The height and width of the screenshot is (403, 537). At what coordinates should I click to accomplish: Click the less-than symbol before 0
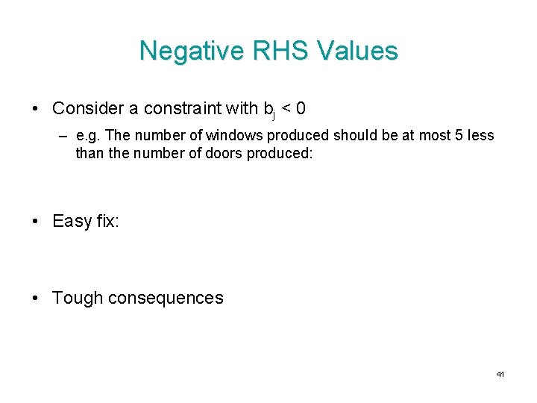(x=285, y=109)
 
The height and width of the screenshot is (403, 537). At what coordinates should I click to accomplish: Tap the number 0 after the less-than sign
(x=300, y=108)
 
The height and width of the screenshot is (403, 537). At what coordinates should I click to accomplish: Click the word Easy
(x=72, y=221)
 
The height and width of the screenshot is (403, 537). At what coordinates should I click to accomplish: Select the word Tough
(x=78, y=298)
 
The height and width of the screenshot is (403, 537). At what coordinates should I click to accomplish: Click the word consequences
(x=166, y=298)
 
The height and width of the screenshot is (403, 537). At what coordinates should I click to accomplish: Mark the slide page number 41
(x=500, y=373)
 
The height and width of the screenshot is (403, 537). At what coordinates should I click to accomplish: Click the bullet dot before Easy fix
(x=37, y=222)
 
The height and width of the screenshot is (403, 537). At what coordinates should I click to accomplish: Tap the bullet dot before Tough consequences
(x=37, y=299)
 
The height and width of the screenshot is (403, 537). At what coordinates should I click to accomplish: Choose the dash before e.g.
(x=65, y=137)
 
